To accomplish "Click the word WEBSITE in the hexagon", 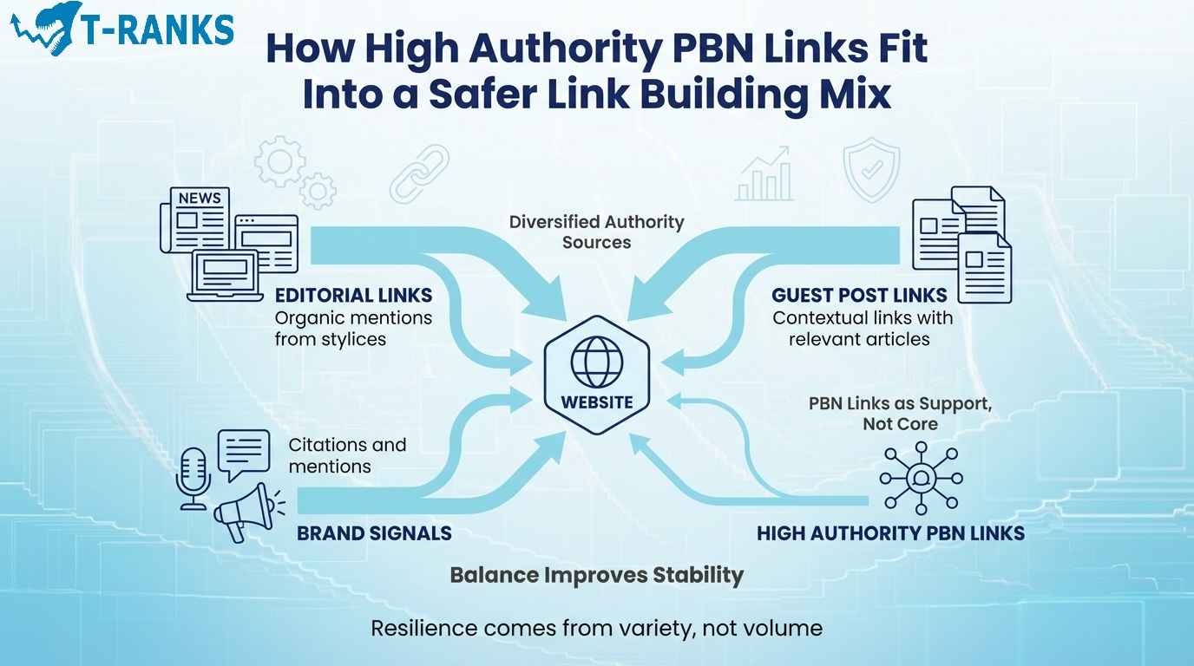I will (596, 402).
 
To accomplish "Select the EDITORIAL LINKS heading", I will (353, 296).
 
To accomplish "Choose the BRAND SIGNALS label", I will (374, 532).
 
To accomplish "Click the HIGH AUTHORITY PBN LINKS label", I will (890, 532).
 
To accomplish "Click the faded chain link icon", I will (419, 173).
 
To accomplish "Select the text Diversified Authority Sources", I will (596, 232).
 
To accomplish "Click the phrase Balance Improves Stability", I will (596, 574).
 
